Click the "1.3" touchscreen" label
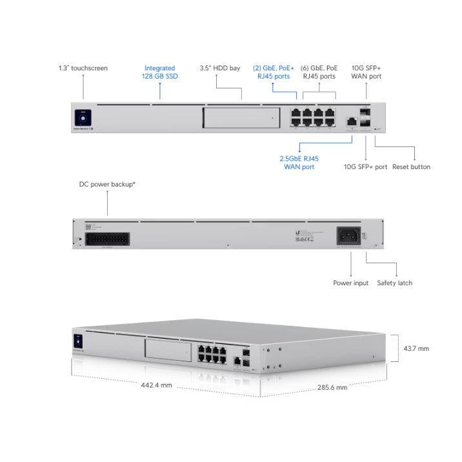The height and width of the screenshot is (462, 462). (x=83, y=68)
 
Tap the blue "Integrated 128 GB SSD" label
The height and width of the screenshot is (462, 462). (x=159, y=72)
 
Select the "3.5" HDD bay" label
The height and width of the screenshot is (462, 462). (x=221, y=68)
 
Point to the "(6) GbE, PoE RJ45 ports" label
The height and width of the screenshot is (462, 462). (x=318, y=72)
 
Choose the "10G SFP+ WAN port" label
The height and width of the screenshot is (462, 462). (x=366, y=72)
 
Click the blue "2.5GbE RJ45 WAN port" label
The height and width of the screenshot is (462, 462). (x=299, y=163)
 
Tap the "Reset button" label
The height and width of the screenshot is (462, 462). (x=411, y=167)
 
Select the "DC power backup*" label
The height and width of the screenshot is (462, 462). (x=107, y=185)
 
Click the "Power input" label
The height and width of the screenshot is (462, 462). (x=351, y=283)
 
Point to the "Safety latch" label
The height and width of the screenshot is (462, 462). (x=394, y=283)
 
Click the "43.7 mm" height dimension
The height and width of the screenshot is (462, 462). (x=416, y=348)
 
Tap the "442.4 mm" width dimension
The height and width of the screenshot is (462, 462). (x=156, y=385)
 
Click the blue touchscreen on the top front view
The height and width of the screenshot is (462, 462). (x=83, y=117)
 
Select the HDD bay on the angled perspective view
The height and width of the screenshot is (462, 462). (x=169, y=352)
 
